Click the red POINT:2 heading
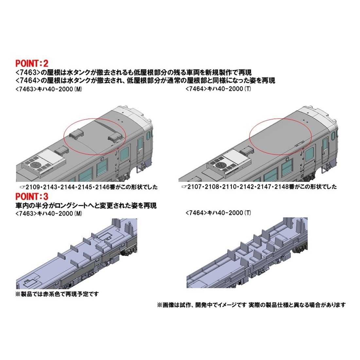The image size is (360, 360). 32,63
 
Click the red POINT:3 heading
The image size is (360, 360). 32,197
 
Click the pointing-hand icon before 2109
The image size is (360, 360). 23,187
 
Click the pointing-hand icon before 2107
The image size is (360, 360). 184,187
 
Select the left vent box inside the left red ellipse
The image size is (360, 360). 75,134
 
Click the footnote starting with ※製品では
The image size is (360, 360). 57,294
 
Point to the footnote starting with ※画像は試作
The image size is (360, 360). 251,305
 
